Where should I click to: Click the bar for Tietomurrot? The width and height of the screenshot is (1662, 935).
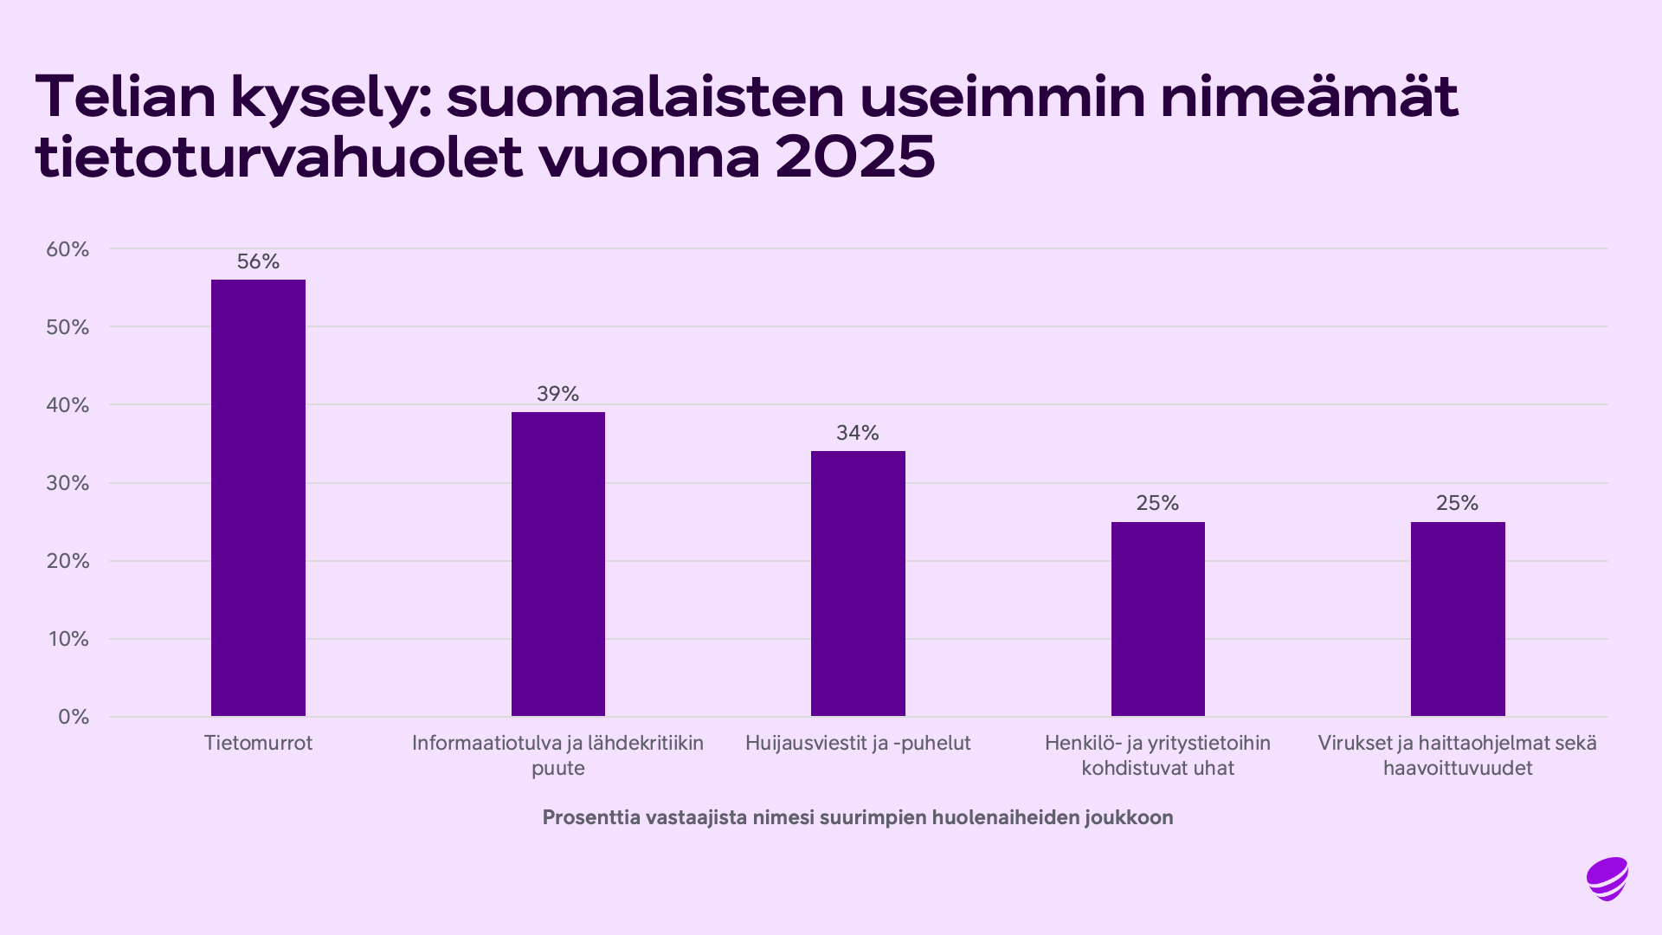[x=258, y=498]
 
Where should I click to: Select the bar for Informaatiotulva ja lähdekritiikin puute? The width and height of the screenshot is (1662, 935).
[x=558, y=564]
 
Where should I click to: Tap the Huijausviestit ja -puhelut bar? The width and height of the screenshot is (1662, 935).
[x=858, y=584]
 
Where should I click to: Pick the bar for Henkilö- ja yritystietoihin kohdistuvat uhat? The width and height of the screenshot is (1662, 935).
[x=1157, y=619]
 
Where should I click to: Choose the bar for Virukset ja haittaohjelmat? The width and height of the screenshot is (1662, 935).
[x=1458, y=619]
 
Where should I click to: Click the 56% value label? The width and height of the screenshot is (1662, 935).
[x=258, y=261]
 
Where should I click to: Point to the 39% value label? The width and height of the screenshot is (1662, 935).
[x=558, y=394]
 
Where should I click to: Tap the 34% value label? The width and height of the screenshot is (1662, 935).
[x=858, y=433]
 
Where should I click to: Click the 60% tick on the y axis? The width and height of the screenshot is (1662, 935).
[x=68, y=249]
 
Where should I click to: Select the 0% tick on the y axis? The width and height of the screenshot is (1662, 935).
[x=74, y=717]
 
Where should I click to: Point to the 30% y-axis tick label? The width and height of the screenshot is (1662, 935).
[x=68, y=483]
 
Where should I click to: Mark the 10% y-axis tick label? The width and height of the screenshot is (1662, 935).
[x=68, y=639]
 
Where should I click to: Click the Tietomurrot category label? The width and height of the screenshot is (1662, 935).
[x=258, y=743]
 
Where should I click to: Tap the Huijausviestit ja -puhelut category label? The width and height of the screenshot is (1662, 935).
[x=858, y=743]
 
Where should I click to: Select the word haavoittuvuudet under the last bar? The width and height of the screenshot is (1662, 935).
[x=1458, y=768]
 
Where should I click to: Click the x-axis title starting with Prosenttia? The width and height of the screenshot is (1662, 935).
[x=858, y=817]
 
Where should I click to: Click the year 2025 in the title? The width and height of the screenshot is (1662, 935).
[x=855, y=158]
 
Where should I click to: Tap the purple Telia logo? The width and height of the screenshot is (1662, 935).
[x=1607, y=879]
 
